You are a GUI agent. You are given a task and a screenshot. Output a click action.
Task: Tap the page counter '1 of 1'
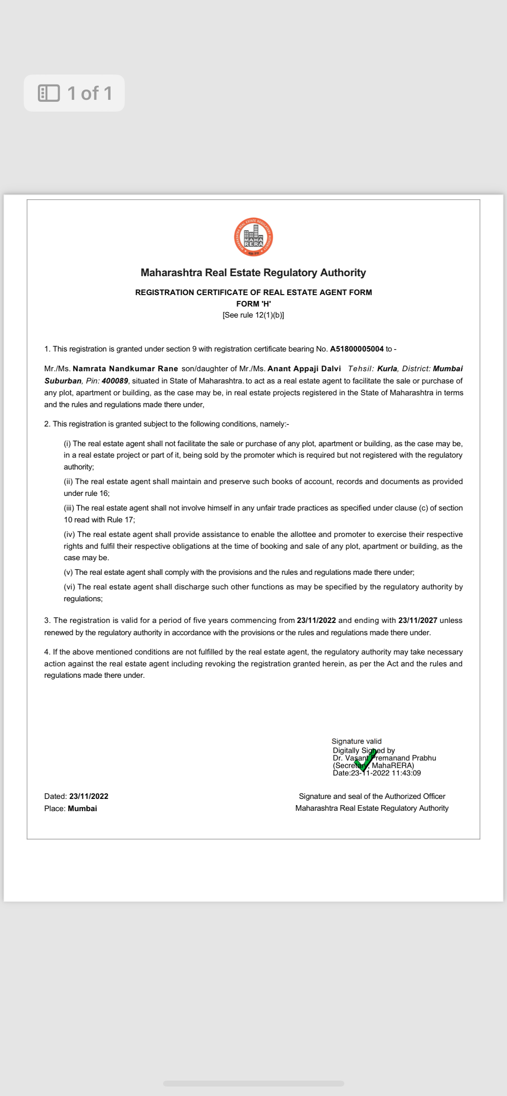(90, 93)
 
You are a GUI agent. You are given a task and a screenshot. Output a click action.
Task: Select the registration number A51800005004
(357, 349)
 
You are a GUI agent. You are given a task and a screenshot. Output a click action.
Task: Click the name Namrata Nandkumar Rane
(125, 368)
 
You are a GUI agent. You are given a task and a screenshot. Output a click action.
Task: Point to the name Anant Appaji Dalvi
(304, 368)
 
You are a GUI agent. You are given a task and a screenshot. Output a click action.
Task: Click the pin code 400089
(115, 381)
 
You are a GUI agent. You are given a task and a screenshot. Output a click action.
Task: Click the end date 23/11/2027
(418, 620)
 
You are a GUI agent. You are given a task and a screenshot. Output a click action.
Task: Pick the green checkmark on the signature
(365, 761)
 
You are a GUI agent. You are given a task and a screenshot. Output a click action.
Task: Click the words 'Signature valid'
(356, 741)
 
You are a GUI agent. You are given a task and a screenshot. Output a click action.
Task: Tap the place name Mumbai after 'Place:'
(82, 808)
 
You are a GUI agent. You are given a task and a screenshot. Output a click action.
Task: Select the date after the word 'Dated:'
(88, 796)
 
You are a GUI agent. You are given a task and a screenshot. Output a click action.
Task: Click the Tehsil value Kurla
(387, 368)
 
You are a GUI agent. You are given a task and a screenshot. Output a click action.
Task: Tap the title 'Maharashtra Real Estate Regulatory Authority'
(253, 272)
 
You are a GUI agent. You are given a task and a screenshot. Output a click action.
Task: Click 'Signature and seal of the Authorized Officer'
(372, 796)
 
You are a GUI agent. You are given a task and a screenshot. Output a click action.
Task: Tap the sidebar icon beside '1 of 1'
(49, 93)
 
